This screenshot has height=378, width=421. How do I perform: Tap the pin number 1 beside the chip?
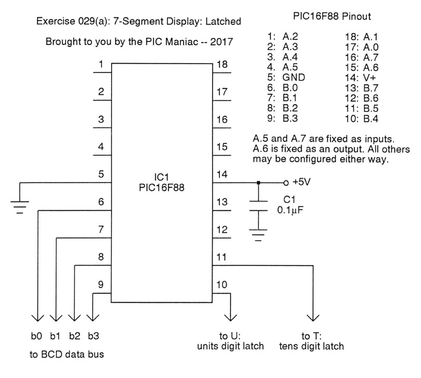coord(101,65)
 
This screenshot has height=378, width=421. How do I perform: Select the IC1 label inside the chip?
coord(162,176)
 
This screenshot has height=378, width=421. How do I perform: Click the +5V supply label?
coord(302,183)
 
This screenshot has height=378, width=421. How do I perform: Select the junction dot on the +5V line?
coord(258,183)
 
